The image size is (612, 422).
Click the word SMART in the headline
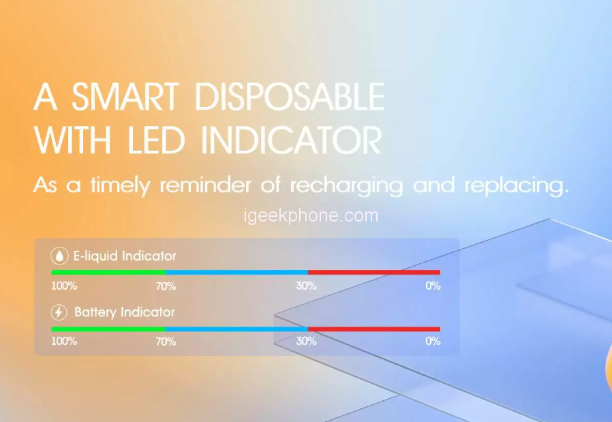125,96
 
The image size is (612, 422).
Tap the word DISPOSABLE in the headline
289,96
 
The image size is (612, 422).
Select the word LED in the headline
156,140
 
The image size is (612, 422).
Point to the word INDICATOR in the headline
291,140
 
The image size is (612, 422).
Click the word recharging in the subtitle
347,186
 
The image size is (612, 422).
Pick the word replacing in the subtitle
517,186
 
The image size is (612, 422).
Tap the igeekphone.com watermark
311,215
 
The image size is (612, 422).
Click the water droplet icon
59,256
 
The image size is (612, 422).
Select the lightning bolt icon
59,312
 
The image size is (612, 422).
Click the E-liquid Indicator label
125,256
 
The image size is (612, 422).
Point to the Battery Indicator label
125,312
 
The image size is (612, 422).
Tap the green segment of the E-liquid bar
108,273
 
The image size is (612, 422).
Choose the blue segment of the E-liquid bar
237,273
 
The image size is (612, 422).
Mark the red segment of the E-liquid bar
374,273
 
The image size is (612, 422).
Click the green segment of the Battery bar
108,329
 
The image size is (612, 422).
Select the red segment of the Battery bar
374,329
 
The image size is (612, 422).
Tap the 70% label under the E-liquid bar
166,286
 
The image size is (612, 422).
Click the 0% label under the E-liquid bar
433,286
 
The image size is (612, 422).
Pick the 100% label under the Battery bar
64,341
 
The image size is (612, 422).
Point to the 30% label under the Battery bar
307,341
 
